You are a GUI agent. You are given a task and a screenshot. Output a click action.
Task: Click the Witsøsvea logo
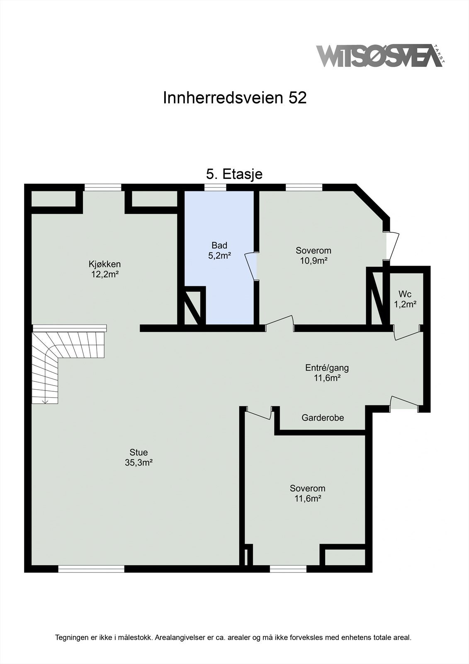[x=380, y=56]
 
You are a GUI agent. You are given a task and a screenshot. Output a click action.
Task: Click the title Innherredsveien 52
[x=235, y=98]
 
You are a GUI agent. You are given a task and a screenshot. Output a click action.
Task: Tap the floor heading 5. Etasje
[x=234, y=174]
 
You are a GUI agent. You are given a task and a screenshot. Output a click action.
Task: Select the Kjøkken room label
[x=104, y=269]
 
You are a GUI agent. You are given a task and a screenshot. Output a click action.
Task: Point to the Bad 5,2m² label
[x=219, y=251]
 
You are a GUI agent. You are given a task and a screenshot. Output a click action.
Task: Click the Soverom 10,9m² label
[x=313, y=256]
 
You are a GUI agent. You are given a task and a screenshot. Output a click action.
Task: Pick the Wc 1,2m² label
[x=405, y=299]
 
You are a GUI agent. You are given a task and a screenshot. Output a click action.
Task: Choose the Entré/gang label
[x=327, y=372]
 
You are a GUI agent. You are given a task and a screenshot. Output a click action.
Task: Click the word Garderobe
[x=323, y=418]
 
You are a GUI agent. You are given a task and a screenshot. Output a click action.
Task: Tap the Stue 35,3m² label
[x=139, y=457]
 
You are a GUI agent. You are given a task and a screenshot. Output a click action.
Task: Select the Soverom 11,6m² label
[x=308, y=493]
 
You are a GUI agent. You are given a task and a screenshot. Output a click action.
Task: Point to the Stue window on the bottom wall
[x=91, y=569]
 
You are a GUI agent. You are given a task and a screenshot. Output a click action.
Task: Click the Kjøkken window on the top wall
[x=103, y=188]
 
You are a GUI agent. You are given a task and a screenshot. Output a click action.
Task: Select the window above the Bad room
[x=215, y=188]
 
